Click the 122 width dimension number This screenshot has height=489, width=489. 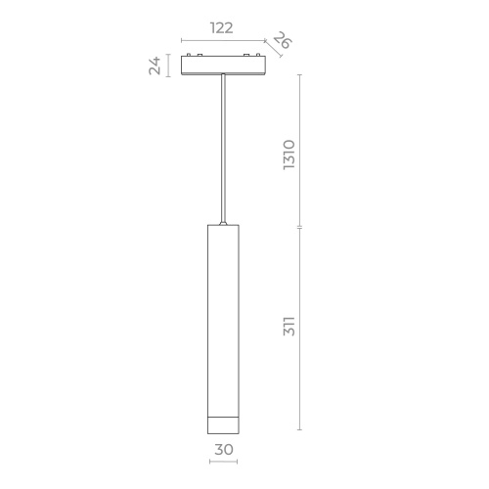pos(222,27)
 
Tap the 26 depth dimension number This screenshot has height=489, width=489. pos(282,42)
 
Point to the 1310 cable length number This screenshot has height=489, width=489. pos(289,156)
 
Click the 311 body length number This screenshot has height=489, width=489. pos(289,327)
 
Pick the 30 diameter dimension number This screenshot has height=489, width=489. pos(224,451)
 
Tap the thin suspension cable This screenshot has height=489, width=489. pos(225,147)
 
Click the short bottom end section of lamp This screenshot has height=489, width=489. pos(224,424)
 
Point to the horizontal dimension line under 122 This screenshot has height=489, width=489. pos(222,41)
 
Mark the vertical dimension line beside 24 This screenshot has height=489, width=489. pos(169,67)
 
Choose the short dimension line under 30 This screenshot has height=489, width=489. pos(224,463)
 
